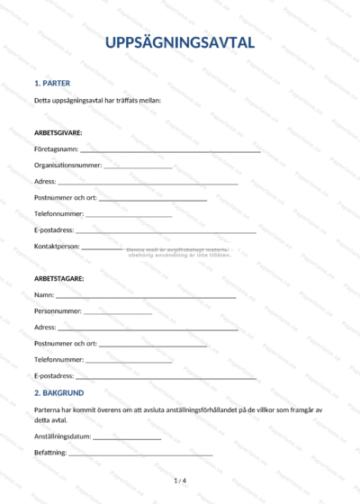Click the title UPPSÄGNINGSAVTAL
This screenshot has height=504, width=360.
coord(180,42)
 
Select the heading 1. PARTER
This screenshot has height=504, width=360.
coord(52,83)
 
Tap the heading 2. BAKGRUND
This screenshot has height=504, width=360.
coord(59,393)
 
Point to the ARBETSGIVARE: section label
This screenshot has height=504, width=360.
coord(58,132)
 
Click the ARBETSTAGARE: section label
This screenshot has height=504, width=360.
coord(59,278)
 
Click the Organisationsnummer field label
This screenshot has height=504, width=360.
coord(67,165)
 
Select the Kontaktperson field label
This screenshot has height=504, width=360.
coord(58,246)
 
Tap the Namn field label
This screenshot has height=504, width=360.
coord(44,294)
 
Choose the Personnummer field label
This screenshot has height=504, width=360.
coord(58,310)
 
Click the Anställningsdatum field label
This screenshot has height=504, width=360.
coord(63,436)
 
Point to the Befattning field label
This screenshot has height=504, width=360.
coord(50,453)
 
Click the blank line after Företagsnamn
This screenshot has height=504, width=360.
coord(170,152)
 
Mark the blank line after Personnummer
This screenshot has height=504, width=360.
coord(118,314)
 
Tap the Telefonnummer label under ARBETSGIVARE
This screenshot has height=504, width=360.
coord(59,213)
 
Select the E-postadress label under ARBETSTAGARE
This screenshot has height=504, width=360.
coord(55,375)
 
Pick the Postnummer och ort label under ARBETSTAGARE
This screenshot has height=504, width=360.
coord(66,343)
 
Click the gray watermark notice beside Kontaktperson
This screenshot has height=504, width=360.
coord(180,252)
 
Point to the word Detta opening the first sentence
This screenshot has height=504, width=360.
coord(42,100)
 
